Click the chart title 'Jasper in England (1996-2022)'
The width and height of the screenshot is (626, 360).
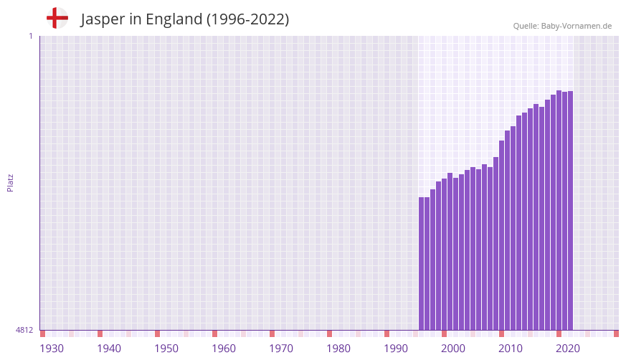tap(184, 19)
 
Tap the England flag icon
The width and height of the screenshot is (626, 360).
tap(57, 18)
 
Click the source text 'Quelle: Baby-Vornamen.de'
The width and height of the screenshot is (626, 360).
tap(562, 26)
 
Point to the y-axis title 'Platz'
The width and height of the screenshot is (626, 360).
tap(10, 182)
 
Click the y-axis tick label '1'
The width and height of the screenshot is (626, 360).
tap(30, 36)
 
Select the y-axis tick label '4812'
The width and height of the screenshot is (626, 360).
tap(24, 330)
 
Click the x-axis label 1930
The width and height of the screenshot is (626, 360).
tap(52, 349)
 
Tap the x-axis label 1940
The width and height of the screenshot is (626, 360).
tap(109, 349)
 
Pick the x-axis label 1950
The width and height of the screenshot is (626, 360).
tap(166, 349)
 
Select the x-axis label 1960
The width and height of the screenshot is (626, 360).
tap(224, 349)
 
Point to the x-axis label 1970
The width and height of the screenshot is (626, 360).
tap(281, 349)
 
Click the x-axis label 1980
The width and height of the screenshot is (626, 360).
tap(338, 349)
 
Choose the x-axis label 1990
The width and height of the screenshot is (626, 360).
tap(396, 349)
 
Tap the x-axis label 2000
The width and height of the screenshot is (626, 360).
tap(453, 349)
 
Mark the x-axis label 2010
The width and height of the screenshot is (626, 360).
tap(511, 349)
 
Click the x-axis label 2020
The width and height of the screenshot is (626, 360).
tap(568, 349)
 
